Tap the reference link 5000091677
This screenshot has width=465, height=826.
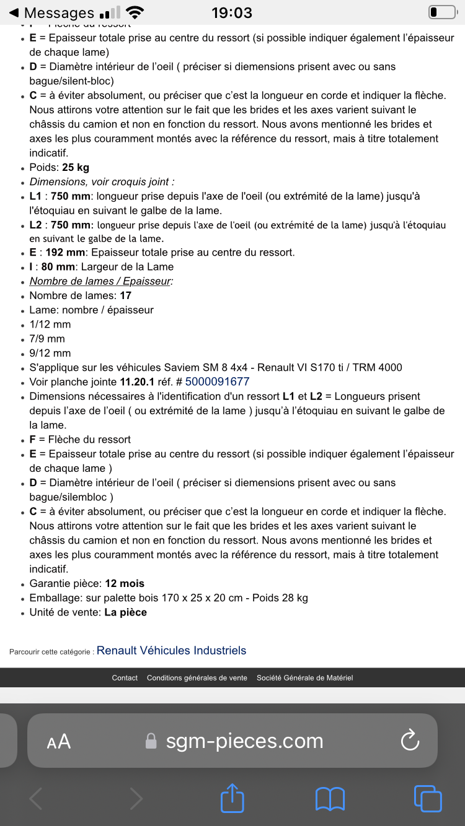217,382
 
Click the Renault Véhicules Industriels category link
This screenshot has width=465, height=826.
171,651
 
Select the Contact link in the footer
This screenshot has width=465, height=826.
125,678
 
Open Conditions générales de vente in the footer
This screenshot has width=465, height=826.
197,678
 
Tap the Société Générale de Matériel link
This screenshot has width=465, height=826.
304,678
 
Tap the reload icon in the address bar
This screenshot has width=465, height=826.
410,741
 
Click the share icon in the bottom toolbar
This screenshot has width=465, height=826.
232,799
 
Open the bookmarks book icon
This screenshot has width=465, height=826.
330,799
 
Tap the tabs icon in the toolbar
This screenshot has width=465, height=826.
427,799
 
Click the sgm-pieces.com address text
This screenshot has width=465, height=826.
244,741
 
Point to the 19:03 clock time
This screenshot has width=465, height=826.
232,13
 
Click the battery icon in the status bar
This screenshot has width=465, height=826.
441,12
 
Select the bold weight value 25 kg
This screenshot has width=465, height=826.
76,168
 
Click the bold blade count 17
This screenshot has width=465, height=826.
125,296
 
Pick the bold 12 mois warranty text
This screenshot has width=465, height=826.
125,583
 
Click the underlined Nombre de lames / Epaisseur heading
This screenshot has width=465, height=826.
101,281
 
